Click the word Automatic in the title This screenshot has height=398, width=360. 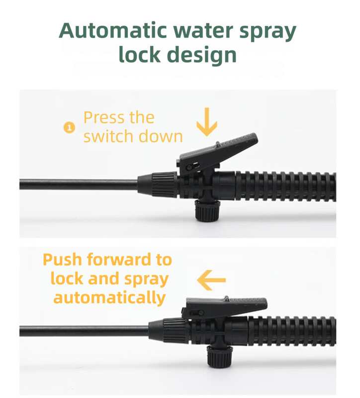pos(113,31)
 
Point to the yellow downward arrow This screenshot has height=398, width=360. pos(207,122)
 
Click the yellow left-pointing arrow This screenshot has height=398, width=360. pos(211,280)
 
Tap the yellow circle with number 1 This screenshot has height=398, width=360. pos(69,127)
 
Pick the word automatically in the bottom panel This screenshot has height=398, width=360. pos(109,298)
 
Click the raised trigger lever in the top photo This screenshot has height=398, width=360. pos(218,154)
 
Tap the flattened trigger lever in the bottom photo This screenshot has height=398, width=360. pos(224,307)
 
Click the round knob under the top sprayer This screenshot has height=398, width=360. pos(207,210)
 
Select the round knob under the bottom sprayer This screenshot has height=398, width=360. pos(220,356)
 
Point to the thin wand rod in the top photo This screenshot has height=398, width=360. pos(79,184)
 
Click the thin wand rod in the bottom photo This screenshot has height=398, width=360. pos(84,331)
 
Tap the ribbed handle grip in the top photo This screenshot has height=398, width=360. pos(286,187)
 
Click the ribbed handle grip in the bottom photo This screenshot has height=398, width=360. pos(292,331)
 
